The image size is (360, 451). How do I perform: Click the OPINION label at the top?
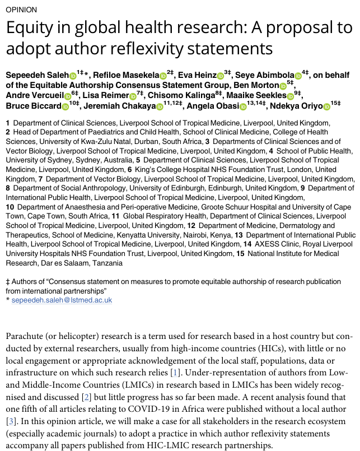point(22,10)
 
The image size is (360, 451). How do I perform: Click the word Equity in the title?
point(29,28)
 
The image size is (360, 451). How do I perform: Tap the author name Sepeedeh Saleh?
point(37,75)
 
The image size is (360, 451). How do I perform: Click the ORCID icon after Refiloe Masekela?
point(163,76)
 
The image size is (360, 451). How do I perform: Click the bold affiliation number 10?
point(10,207)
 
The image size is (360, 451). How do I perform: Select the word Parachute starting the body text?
point(25,336)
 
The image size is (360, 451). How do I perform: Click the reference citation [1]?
point(175,372)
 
